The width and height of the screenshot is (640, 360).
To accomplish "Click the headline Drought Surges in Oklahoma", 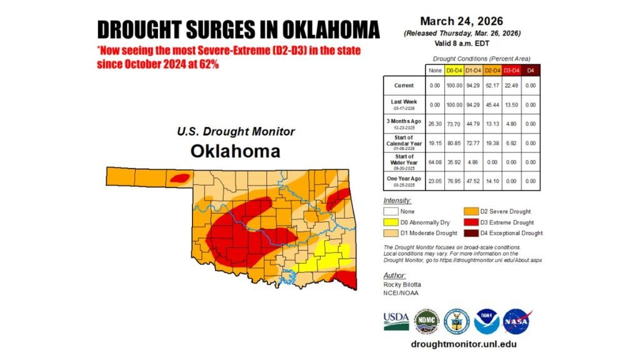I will click(x=238, y=29).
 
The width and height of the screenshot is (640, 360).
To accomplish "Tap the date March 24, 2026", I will click(x=462, y=21).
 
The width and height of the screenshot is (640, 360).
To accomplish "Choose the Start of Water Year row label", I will click(x=404, y=159).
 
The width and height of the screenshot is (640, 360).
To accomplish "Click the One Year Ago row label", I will click(x=404, y=181).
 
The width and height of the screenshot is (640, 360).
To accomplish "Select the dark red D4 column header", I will click(x=531, y=70).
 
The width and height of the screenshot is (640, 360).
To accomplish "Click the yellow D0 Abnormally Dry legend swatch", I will click(x=390, y=222).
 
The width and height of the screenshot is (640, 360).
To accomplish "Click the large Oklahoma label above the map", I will click(x=235, y=151).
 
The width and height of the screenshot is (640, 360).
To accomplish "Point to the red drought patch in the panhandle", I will click(x=179, y=178).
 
